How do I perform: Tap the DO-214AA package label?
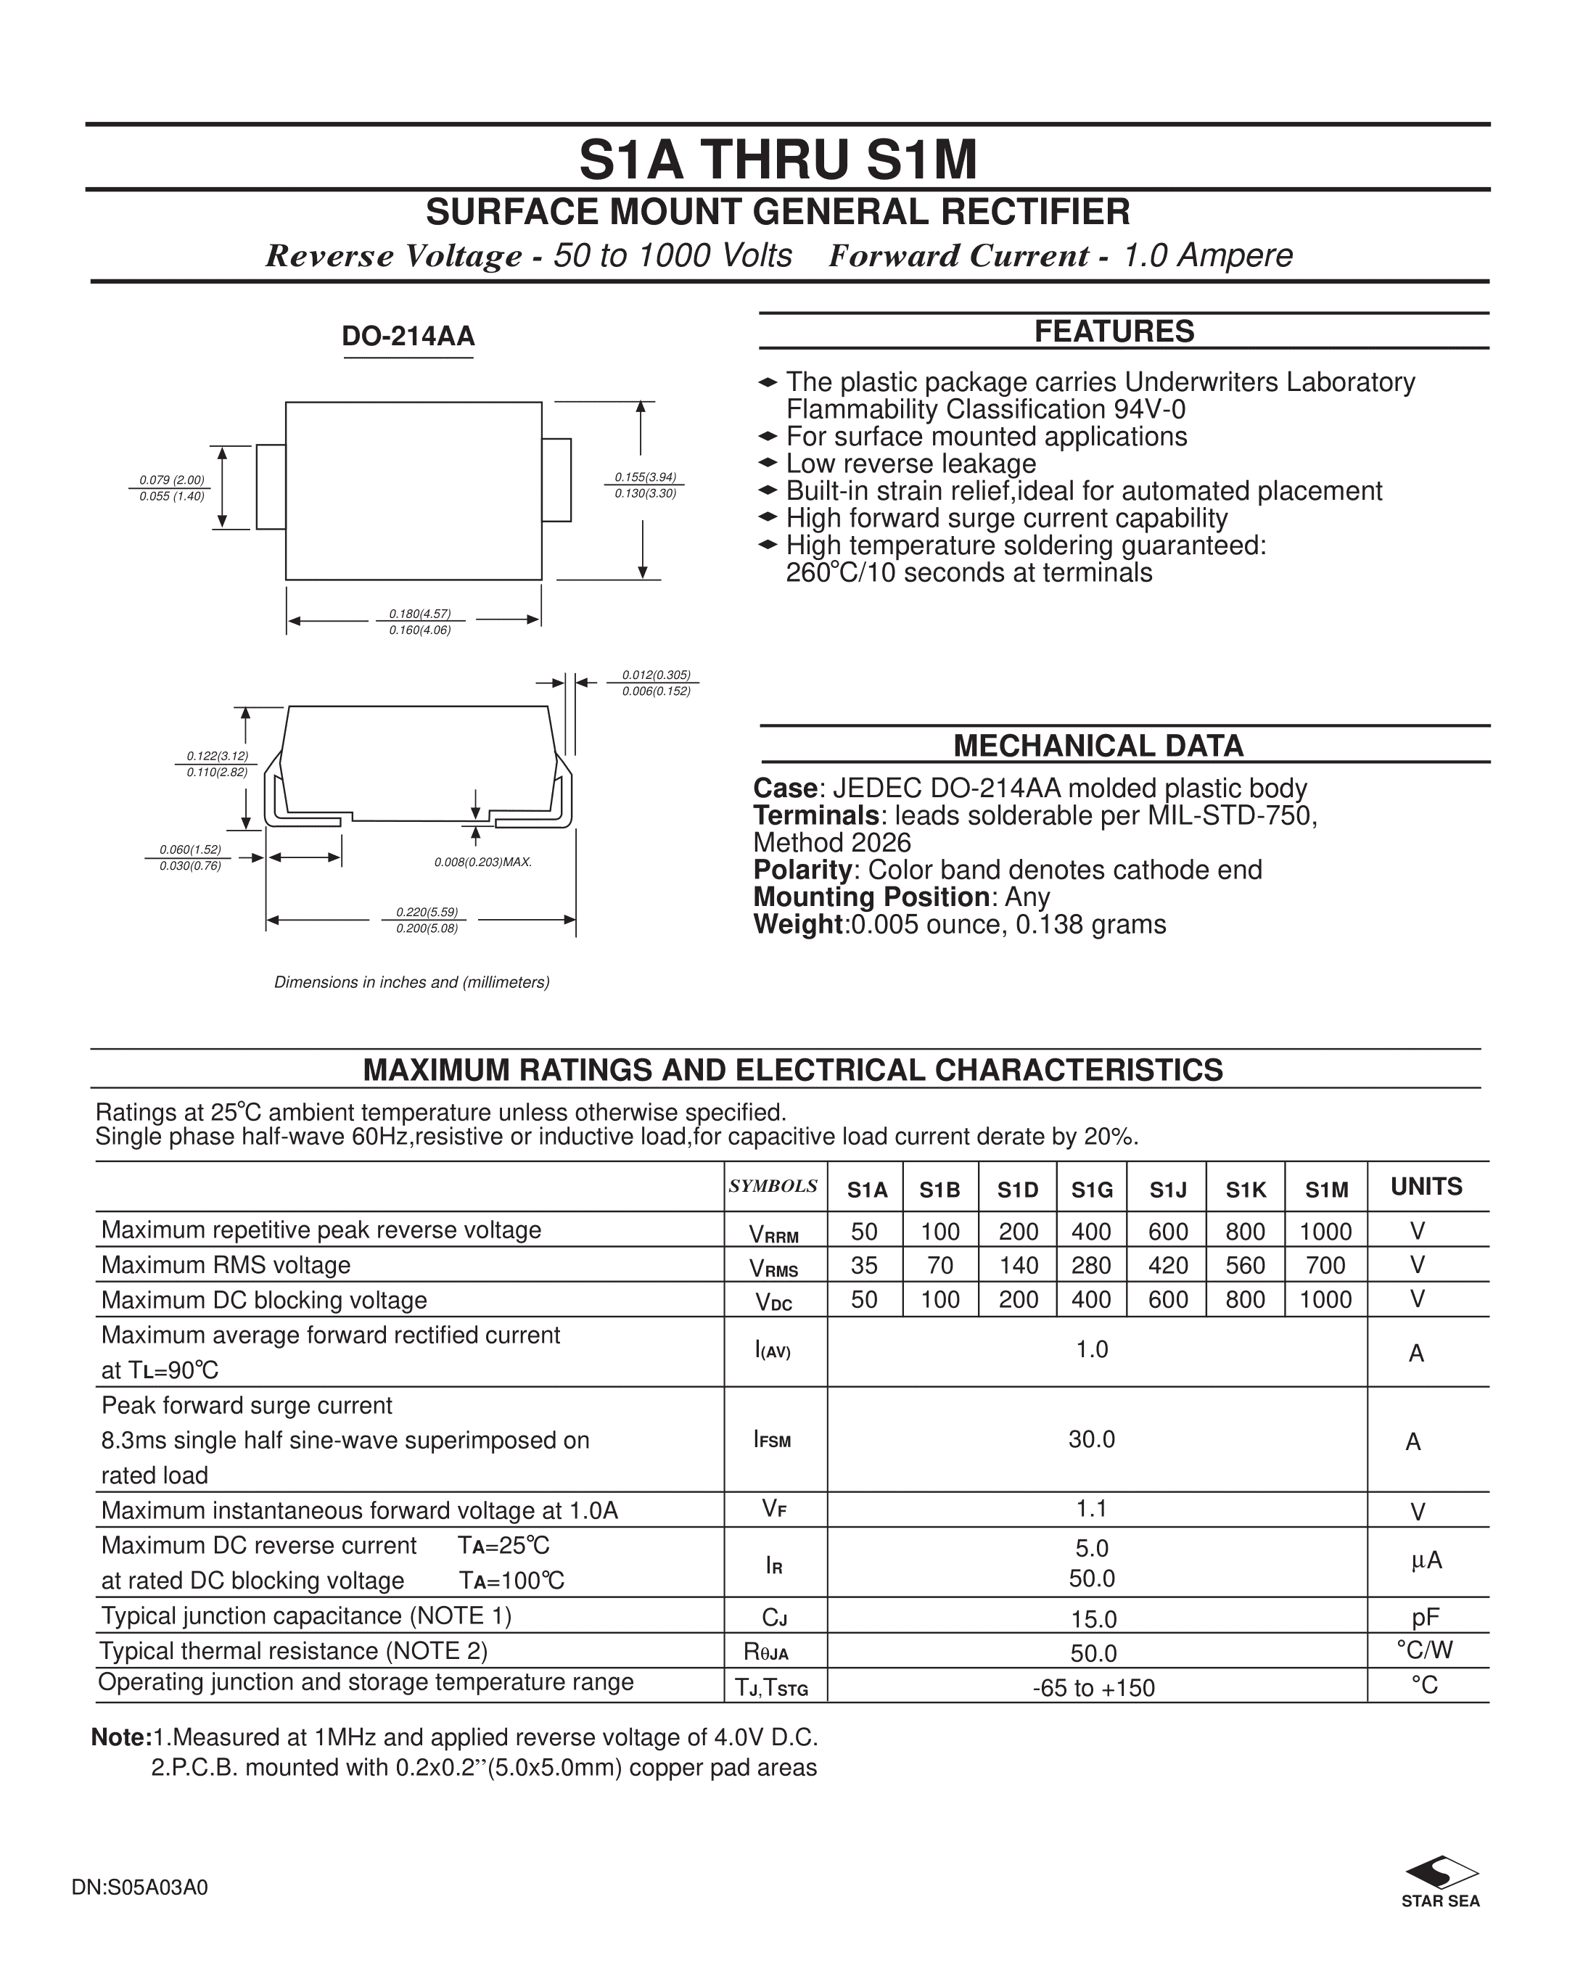click(x=408, y=337)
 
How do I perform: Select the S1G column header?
click(x=1092, y=1190)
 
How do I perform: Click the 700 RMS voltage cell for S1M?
click(x=1325, y=1265)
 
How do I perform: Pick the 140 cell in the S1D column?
click(x=1018, y=1265)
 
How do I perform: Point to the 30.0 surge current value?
click(x=1092, y=1439)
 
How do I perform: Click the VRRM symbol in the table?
click(x=773, y=1234)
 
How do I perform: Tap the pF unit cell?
click(x=1426, y=1618)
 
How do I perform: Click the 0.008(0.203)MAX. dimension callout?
click(x=483, y=862)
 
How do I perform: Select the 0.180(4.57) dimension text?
click(x=420, y=614)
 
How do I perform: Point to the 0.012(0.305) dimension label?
click(x=657, y=675)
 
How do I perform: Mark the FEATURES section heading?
click(x=1114, y=332)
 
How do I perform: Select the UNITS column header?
click(x=1426, y=1187)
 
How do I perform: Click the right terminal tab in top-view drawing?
click(x=556, y=480)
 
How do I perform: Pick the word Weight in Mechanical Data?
click(x=797, y=925)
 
